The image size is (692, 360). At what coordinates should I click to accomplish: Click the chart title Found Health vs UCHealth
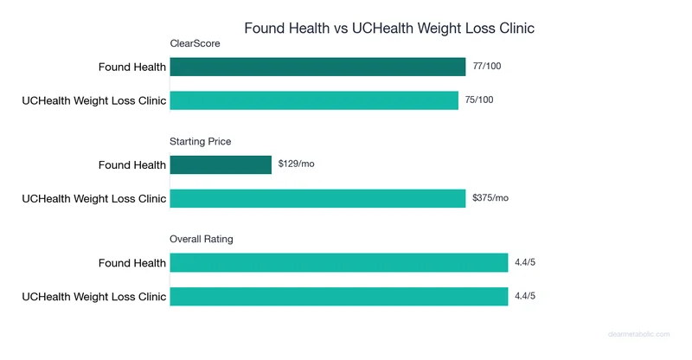(389, 28)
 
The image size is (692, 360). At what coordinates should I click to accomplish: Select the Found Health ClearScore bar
(317, 67)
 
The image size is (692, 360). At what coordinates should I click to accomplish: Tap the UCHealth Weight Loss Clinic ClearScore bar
(314, 100)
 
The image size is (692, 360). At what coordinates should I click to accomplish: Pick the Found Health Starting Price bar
(221, 164)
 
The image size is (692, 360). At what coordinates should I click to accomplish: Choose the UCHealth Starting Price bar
(317, 198)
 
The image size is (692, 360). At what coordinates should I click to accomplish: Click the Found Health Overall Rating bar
(338, 262)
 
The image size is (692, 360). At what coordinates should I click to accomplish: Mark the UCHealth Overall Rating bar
(338, 296)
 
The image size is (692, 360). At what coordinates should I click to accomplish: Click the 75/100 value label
(479, 100)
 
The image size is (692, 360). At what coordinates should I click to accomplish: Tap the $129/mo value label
(296, 164)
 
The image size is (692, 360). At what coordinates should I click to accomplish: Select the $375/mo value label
(490, 198)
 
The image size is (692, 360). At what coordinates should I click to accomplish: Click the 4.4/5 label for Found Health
(524, 262)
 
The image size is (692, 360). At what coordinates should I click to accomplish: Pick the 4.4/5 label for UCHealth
(524, 296)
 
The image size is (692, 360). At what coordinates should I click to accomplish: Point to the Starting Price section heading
(200, 141)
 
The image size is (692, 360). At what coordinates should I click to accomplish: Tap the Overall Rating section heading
(202, 239)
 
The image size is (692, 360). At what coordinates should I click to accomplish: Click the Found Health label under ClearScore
(131, 67)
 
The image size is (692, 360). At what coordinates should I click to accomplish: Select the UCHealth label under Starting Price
(93, 198)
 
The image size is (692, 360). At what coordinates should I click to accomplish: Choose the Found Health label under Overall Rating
(131, 262)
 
